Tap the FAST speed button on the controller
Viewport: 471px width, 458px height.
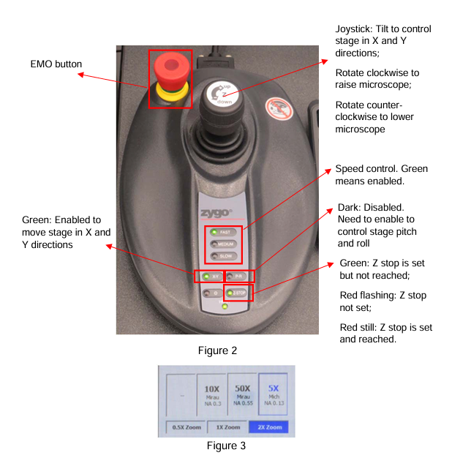(x=222, y=232)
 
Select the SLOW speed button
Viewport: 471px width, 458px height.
(x=222, y=256)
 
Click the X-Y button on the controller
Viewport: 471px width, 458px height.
(x=210, y=277)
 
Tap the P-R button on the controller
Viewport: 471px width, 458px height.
(x=237, y=277)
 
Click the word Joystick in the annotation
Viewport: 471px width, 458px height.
(x=354, y=29)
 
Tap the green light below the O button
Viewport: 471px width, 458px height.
(x=224, y=307)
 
